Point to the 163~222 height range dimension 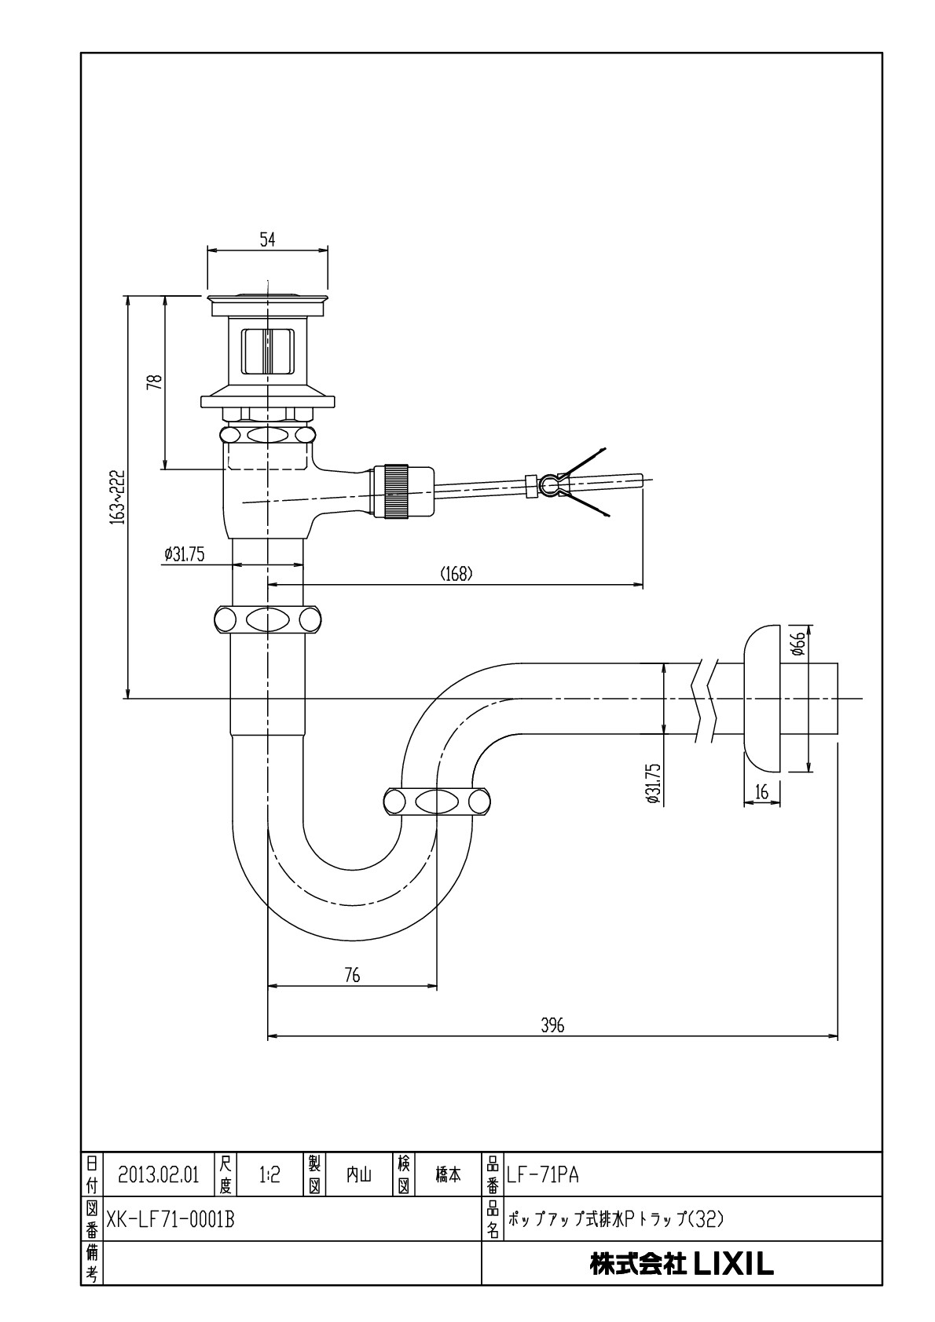pyautogui.click(x=117, y=498)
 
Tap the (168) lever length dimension pyautogui.click(x=456, y=574)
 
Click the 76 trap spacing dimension pyautogui.click(x=352, y=975)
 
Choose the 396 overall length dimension pyautogui.click(x=552, y=1026)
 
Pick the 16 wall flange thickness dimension pyautogui.click(x=761, y=793)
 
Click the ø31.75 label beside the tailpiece pyautogui.click(x=185, y=554)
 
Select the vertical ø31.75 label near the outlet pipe pyautogui.click(x=651, y=783)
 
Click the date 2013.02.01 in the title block pyautogui.click(x=159, y=1174)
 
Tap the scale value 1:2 pyautogui.click(x=269, y=1174)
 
